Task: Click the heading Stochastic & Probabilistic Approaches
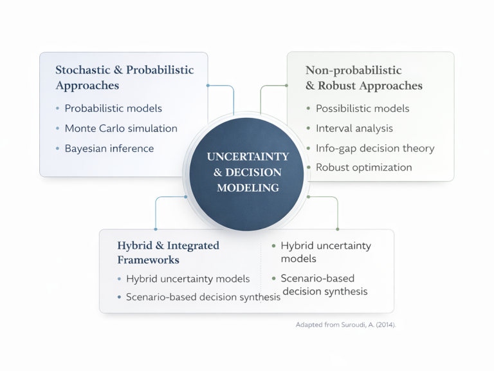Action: (124, 77)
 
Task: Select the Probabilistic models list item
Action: (113, 108)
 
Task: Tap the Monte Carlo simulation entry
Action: (121, 128)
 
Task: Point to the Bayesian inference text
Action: (109, 148)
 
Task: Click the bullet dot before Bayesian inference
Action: (58, 149)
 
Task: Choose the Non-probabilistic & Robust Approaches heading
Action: (363, 78)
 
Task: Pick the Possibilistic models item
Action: (362, 108)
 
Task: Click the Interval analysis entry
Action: (354, 128)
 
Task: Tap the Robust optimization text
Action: (363, 167)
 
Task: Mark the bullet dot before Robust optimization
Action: (309, 167)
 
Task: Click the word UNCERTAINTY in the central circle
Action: (248, 157)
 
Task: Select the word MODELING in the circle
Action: (248, 188)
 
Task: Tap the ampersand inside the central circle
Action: (217, 173)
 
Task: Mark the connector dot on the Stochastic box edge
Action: (208, 85)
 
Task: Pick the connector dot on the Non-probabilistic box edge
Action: (287, 85)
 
